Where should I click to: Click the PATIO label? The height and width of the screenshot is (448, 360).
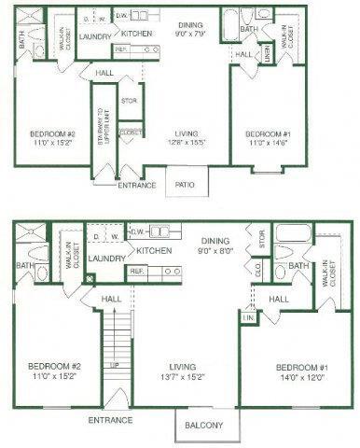[185, 185]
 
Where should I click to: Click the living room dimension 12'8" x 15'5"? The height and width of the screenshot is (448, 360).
[184, 141]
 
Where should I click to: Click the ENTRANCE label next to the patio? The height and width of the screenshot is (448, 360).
[138, 185]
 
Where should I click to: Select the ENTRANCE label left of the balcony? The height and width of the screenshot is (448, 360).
[110, 419]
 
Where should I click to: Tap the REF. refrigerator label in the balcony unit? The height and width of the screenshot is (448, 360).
[135, 271]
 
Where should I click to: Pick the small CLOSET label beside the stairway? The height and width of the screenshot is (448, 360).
[130, 133]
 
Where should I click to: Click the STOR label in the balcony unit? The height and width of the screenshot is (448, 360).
[262, 240]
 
